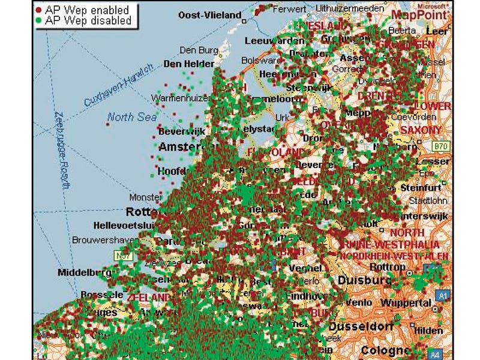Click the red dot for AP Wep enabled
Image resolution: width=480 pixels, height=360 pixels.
click(39, 10)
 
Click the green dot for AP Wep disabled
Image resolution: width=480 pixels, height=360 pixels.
click(39, 20)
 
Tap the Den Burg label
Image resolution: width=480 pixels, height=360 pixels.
click(197, 50)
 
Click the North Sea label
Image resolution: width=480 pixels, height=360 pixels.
click(132, 117)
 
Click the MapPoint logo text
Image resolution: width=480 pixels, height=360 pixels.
click(420, 14)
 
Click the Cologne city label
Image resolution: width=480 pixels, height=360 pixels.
click(385, 350)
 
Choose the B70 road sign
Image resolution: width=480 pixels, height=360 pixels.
click(441, 146)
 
